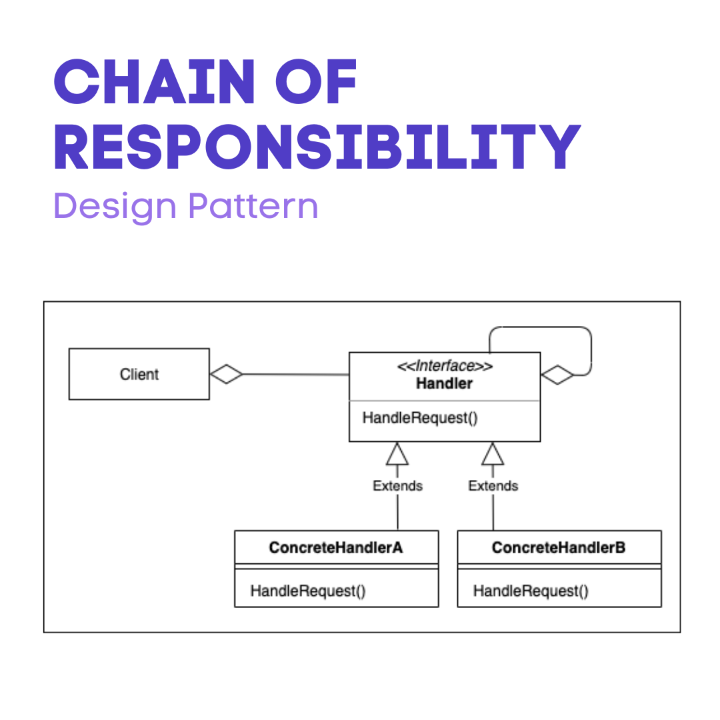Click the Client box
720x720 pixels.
(x=139, y=374)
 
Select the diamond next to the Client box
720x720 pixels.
(x=226, y=375)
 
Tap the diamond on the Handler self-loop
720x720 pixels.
(x=557, y=375)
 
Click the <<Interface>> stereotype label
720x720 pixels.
(x=444, y=366)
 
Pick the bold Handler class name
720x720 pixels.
(x=444, y=383)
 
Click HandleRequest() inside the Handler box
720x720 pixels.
(x=421, y=418)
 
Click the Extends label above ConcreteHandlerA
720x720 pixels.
(x=398, y=486)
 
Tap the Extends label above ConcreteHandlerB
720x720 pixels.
(x=493, y=486)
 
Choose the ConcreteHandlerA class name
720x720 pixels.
(x=336, y=547)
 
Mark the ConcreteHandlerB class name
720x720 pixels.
(x=559, y=547)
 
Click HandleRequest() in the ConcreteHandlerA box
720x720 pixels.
(x=308, y=591)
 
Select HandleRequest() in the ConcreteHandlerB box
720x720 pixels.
(x=531, y=591)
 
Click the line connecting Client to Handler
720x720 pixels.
(x=297, y=375)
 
